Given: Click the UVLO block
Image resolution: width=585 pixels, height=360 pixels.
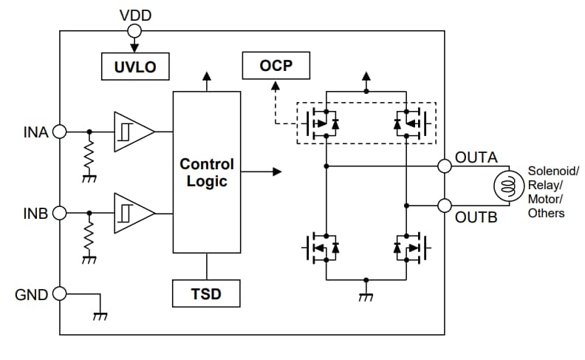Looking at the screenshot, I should pyautogui.click(x=134, y=67).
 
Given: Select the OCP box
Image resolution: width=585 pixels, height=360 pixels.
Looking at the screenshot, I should pyautogui.click(x=276, y=67).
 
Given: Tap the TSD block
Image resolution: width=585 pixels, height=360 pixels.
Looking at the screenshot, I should pyautogui.click(x=206, y=293).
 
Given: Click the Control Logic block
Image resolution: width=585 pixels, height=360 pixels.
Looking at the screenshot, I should pyautogui.click(x=206, y=171).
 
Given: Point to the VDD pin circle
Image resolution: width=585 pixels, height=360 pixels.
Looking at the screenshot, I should pyautogui.click(x=134, y=30).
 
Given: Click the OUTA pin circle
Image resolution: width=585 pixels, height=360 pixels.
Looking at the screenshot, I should pyautogui.click(x=445, y=166).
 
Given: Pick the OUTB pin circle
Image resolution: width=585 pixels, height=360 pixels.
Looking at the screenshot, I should pyautogui.click(x=445, y=206).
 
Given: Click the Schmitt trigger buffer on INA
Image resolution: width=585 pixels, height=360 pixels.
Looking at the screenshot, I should pyautogui.click(x=132, y=132).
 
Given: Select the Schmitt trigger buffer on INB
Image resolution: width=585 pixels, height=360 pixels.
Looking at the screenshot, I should pyautogui.click(x=132, y=213).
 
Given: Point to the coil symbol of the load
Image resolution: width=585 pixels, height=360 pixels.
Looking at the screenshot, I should pyautogui.click(x=507, y=186).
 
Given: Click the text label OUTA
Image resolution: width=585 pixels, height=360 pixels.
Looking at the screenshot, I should pyautogui.click(x=476, y=157).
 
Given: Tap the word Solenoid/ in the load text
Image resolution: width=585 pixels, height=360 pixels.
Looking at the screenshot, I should pyautogui.click(x=552, y=171).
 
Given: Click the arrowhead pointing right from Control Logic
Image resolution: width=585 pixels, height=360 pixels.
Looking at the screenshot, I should pyautogui.click(x=277, y=171).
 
